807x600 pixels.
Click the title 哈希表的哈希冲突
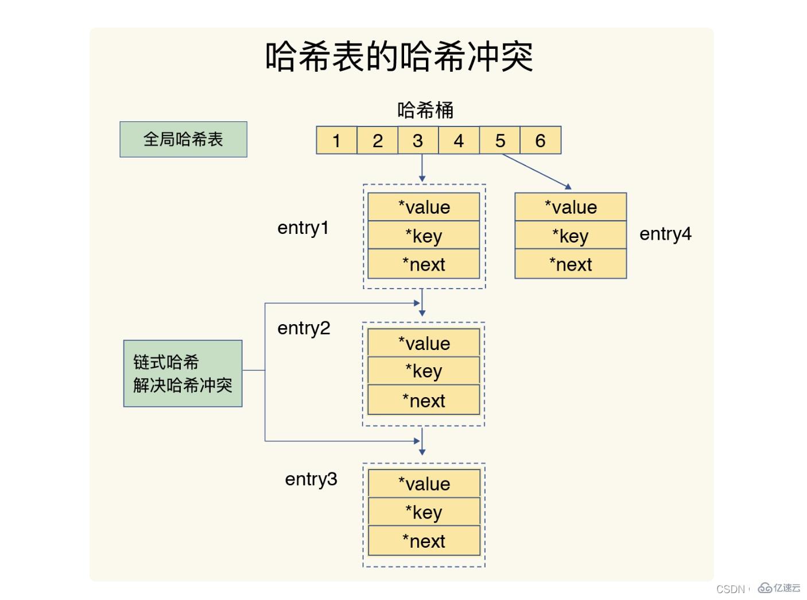399,56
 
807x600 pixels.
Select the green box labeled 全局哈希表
183,139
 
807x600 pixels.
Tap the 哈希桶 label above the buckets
425,110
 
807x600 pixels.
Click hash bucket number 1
336,141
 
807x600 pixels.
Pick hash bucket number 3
418,141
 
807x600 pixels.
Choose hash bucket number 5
500,141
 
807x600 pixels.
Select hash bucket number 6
540,141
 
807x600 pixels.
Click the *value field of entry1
424,207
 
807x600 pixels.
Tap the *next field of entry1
424,264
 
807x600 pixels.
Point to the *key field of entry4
571,236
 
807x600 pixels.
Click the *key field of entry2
424,371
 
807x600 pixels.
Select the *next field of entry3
424,541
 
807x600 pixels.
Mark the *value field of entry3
424,484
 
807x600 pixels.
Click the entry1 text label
303,228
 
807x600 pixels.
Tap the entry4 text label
665,234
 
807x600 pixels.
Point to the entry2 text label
304,328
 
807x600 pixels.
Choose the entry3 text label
311,479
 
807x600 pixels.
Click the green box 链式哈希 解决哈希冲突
183,374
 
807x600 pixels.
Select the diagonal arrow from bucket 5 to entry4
536,171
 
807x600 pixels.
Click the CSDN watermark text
730,589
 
